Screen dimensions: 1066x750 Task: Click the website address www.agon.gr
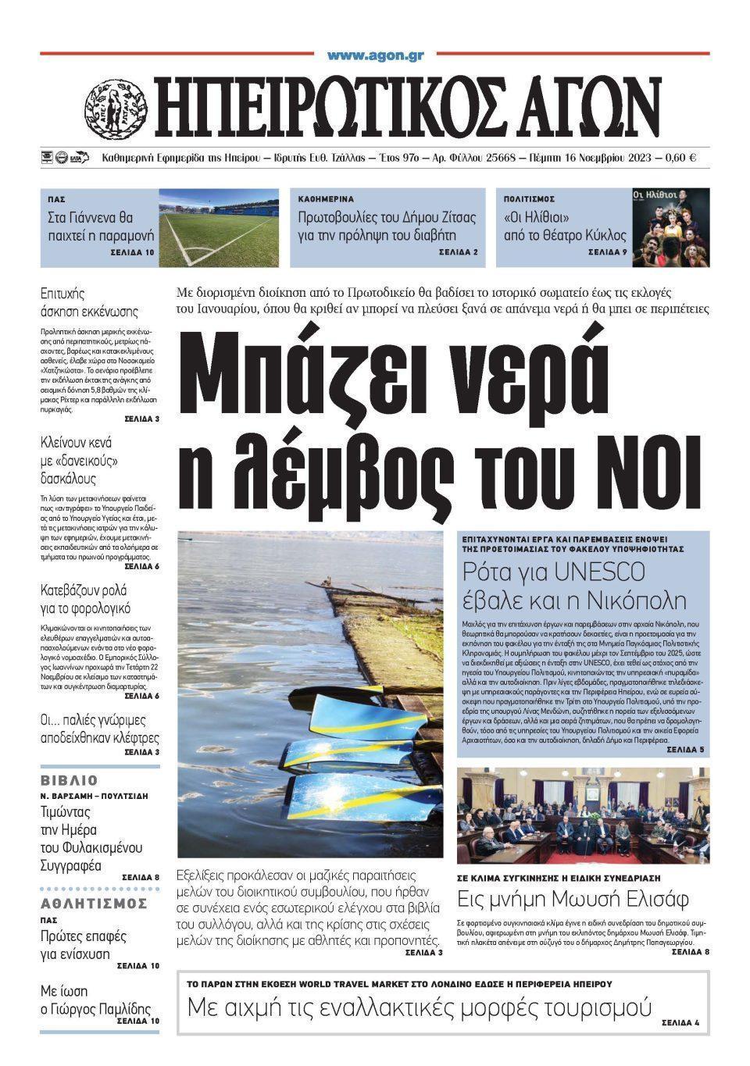(375, 55)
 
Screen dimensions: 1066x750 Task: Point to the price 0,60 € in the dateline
(681, 158)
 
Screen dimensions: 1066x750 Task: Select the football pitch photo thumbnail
(219, 226)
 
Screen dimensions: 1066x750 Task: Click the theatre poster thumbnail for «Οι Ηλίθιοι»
(671, 226)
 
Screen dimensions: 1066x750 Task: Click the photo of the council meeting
(583, 815)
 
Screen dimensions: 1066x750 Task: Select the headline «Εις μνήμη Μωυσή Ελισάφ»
(573, 899)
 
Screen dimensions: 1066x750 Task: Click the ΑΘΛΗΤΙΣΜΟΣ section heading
(94, 904)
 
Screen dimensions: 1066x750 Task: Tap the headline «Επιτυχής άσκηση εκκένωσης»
(89, 302)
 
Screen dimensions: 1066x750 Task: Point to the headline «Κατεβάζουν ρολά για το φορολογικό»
(85, 599)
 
